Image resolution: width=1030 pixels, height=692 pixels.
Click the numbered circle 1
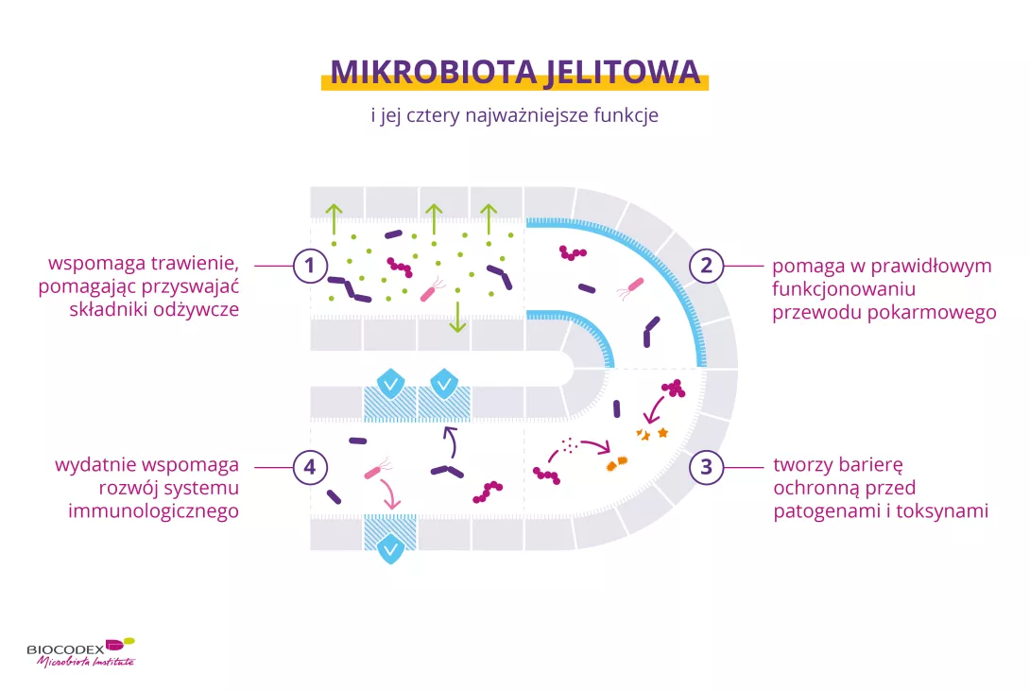[308, 266]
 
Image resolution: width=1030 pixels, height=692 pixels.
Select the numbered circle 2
[706, 266]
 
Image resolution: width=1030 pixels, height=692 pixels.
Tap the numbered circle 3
[706, 466]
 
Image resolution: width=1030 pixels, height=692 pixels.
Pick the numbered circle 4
[308, 466]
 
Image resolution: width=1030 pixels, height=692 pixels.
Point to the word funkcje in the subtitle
[626, 116]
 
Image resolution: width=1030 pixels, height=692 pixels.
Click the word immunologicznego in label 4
[154, 510]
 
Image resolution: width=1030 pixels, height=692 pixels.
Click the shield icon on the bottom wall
[389, 549]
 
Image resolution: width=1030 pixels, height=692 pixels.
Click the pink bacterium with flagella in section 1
[431, 288]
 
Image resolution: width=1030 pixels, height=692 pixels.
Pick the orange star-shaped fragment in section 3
[661, 432]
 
